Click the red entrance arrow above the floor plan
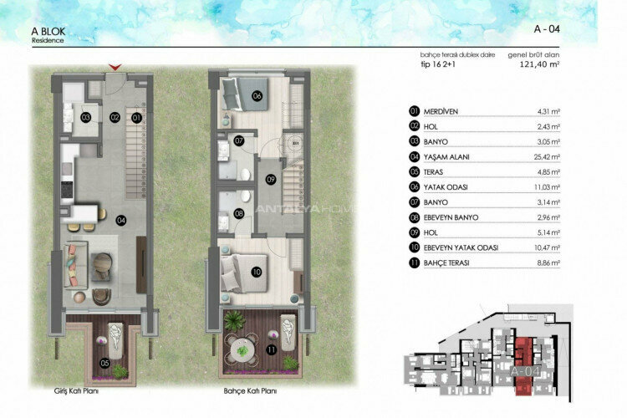coord(115,67)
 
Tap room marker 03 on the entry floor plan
coord(86,118)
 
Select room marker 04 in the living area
coord(121,221)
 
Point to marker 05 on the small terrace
coord(104,362)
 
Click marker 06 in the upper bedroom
coord(257,96)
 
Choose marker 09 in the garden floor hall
coord(270,179)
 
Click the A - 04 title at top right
coord(548,28)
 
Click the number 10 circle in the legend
coord(414,247)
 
